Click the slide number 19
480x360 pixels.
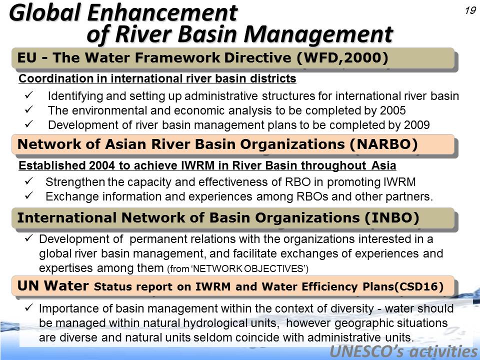pos(470,10)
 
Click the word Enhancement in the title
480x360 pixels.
pos(162,13)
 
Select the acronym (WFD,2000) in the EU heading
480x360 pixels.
pos(342,57)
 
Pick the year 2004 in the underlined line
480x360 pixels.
pos(102,165)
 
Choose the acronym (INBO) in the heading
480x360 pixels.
pos(391,217)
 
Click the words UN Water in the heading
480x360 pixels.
pos(53,285)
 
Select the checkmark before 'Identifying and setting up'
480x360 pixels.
pos(29,95)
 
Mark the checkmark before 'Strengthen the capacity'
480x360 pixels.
pos(29,181)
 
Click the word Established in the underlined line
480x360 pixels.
pos(52,165)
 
